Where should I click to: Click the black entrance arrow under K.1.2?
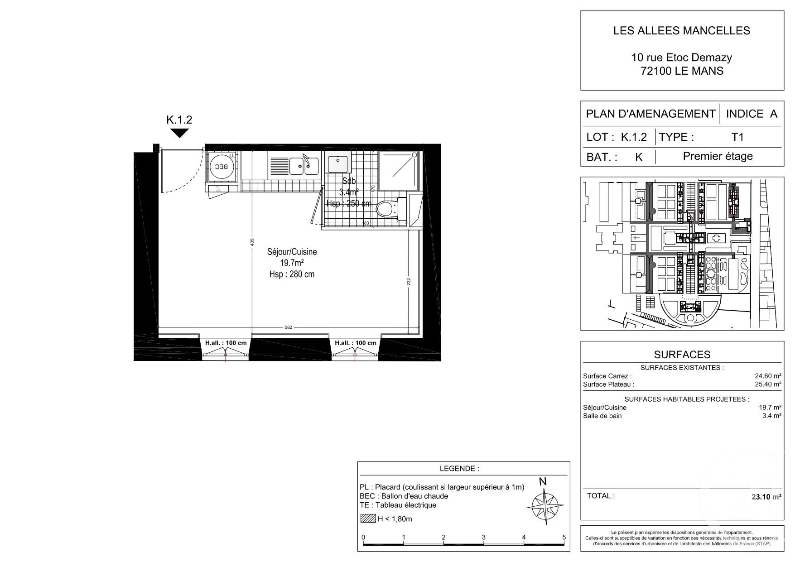coord(179,133)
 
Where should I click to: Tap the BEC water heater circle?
coord(222,167)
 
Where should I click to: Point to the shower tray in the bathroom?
coord(398,171)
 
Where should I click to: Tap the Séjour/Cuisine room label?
coord(292,252)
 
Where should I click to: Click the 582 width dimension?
coord(288,327)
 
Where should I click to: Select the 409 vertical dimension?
coord(252,243)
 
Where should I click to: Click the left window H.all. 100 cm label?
coord(226,343)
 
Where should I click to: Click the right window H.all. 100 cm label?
coord(356,343)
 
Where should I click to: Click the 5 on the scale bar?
coord(564,538)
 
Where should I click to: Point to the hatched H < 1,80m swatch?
coord(368,519)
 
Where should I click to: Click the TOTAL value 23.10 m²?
coord(766,496)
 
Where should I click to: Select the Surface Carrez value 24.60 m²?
coord(767,376)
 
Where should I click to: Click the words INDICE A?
coord(752,114)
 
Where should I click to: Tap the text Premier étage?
coord(718,156)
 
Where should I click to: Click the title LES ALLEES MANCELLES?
coord(681,30)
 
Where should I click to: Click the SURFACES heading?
coord(682,355)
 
